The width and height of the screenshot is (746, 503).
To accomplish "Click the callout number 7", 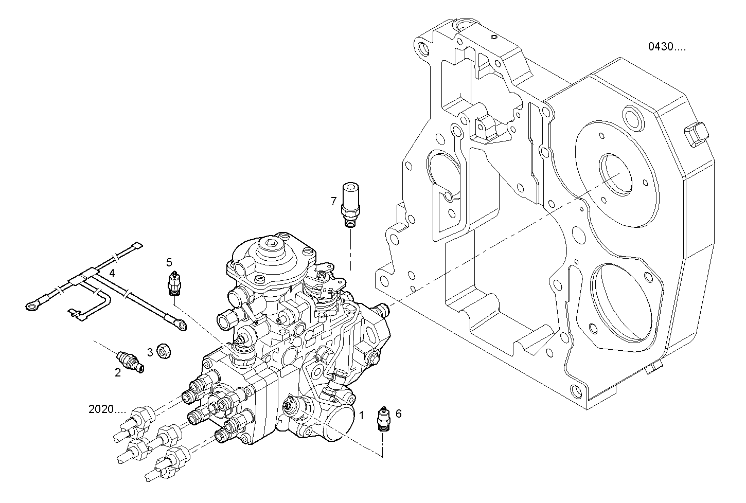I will pos(334,200).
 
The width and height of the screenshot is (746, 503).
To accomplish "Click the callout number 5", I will pos(169,262).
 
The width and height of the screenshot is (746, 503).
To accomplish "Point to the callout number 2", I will pos(118,373).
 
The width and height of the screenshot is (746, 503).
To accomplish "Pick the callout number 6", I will pos(399,412).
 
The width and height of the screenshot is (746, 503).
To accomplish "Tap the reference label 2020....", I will pos(107,410).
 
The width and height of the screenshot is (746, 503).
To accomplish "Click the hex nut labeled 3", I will pos(164,352).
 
